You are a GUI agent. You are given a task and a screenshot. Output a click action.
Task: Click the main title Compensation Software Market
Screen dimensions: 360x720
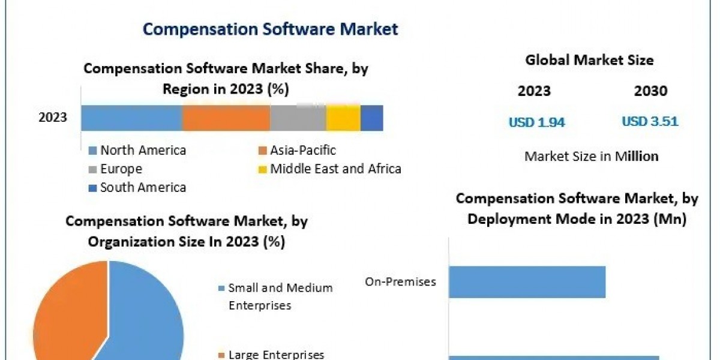tap(270, 29)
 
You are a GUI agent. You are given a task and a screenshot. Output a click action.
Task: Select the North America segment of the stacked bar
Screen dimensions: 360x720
tap(131, 118)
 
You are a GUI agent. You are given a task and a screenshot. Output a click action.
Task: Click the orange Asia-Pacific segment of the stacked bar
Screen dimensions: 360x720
tap(226, 118)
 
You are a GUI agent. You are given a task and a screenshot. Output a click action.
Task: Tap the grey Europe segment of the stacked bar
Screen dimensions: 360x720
tap(298, 118)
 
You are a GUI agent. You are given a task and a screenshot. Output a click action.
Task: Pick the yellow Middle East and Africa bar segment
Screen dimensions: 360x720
tap(343, 118)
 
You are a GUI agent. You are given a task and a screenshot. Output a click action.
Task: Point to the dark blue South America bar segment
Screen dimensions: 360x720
tap(371, 118)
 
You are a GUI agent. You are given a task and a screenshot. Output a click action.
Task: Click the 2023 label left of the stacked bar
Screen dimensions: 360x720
tap(53, 118)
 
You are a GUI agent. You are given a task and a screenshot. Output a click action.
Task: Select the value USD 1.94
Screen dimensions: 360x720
tap(537, 122)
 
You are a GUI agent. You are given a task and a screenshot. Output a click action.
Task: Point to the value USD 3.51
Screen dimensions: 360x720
tap(650, 122)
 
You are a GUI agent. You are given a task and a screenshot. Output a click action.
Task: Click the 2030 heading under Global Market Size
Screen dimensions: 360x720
tap(650, 91)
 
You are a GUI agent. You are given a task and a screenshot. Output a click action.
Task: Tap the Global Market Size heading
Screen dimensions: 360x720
tap(589, 60)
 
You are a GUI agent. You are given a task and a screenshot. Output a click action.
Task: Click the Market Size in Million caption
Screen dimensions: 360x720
tap(591, 156)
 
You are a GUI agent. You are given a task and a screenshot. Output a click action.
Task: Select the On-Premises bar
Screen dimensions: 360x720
tap(527, 282)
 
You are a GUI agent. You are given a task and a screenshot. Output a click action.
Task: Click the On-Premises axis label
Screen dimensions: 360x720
tap(400, 281)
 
